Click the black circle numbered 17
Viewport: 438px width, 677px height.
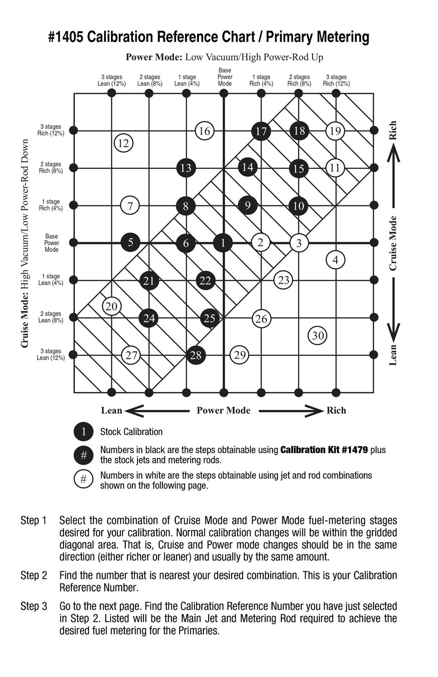(261, 131)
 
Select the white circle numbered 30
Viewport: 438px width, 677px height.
(318, 336)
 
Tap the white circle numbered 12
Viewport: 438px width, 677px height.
(123, 143)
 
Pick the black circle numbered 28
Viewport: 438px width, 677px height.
(196, 355)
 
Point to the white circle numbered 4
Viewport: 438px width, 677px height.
(336, 260)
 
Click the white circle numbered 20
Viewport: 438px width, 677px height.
(112, 306)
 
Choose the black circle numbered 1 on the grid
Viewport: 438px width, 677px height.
(223, 243)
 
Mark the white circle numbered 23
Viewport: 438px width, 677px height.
(284, 280)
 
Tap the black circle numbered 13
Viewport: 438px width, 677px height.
(186, 168)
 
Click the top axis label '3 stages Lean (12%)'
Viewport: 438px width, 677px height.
(112, 80)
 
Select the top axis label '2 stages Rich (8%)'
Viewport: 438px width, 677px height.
(299, 80)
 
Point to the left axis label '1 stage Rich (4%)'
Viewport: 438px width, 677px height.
(51, 205)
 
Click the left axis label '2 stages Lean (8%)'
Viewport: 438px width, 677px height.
(51, 317)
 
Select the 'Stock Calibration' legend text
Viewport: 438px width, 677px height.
(131, 432)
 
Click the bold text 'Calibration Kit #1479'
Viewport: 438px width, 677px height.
(324, 450)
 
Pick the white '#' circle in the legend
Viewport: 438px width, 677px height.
(84, 479)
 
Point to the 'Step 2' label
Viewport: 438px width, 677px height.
(34, 575)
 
